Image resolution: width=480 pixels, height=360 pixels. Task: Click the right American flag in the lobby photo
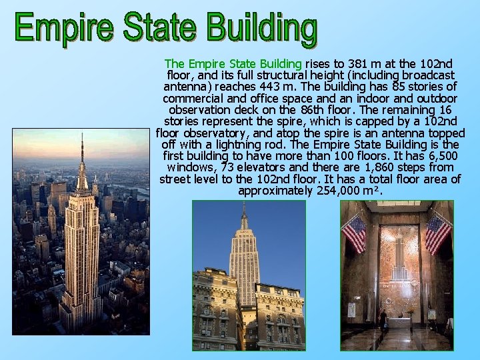click(x=437, y=233)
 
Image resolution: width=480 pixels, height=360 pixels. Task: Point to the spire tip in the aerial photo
click(x=82, y=135)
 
